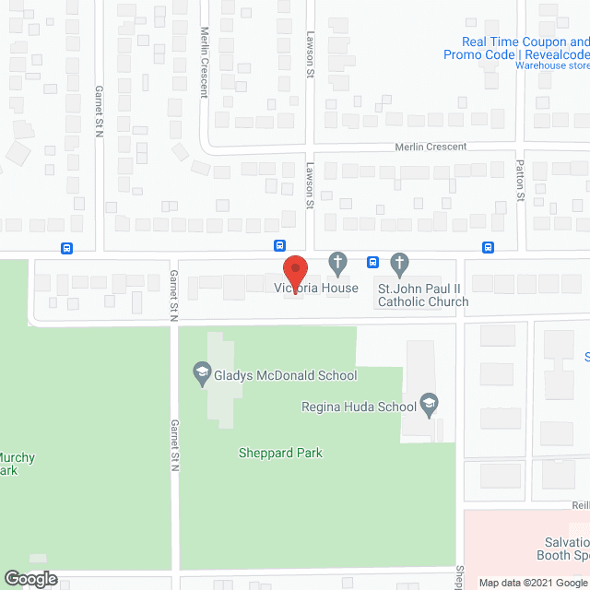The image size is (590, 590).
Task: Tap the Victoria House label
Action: [316, 289]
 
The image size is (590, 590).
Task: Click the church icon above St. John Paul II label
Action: [399, 264]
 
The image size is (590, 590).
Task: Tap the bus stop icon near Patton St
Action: [488, 246]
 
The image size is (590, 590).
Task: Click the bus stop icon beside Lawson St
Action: [279, 245]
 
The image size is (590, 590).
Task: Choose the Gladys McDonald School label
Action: [287, 375]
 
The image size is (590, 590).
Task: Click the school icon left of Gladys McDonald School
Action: [201, 373]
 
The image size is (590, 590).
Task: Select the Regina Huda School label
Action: [358, 407]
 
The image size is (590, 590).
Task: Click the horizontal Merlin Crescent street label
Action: [431, 147]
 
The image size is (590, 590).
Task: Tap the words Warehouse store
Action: [552, 66]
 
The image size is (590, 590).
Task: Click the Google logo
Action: [29, 579]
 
